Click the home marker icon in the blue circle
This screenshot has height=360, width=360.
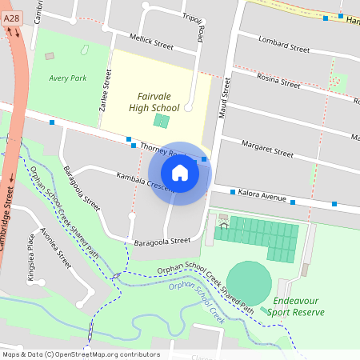pos(180,173)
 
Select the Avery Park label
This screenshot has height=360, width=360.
pos(67,78)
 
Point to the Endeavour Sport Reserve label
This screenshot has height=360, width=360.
pos(296,306)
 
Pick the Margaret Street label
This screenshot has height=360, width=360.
pos(268,149)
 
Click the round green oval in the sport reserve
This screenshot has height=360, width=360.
pos(249,281)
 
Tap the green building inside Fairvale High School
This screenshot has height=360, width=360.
pos(162,122)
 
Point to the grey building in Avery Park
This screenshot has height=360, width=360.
pos(50,56)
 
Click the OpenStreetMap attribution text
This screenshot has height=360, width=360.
pos(81,354)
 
